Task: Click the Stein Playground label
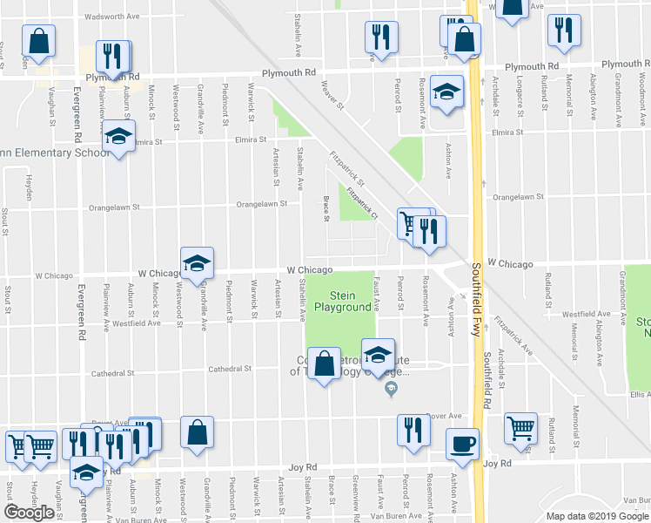coord(342,302)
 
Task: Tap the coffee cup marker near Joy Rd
coord(462,442)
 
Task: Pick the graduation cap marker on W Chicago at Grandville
coord(198,261)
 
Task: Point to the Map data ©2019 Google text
coord(597,516)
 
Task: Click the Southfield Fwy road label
coord(476,288)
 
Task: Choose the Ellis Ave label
coord(638,394)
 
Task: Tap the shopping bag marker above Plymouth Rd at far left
coord(38,39)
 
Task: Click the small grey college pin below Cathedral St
coord(391,389)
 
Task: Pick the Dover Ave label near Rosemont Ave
coord(443,416)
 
